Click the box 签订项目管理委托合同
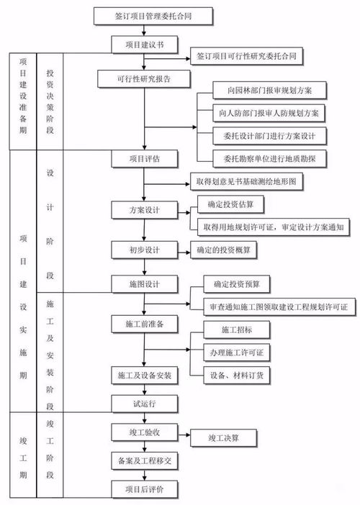pos(144,13)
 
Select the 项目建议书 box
pos(143,45)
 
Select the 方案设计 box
pos(144,210)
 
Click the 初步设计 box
pos(144,250)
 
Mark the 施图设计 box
pos(144,285)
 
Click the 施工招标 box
pos(236,329)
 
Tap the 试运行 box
pos(144,404)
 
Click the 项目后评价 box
pos(144,489)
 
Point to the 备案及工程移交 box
pos(144,459)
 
